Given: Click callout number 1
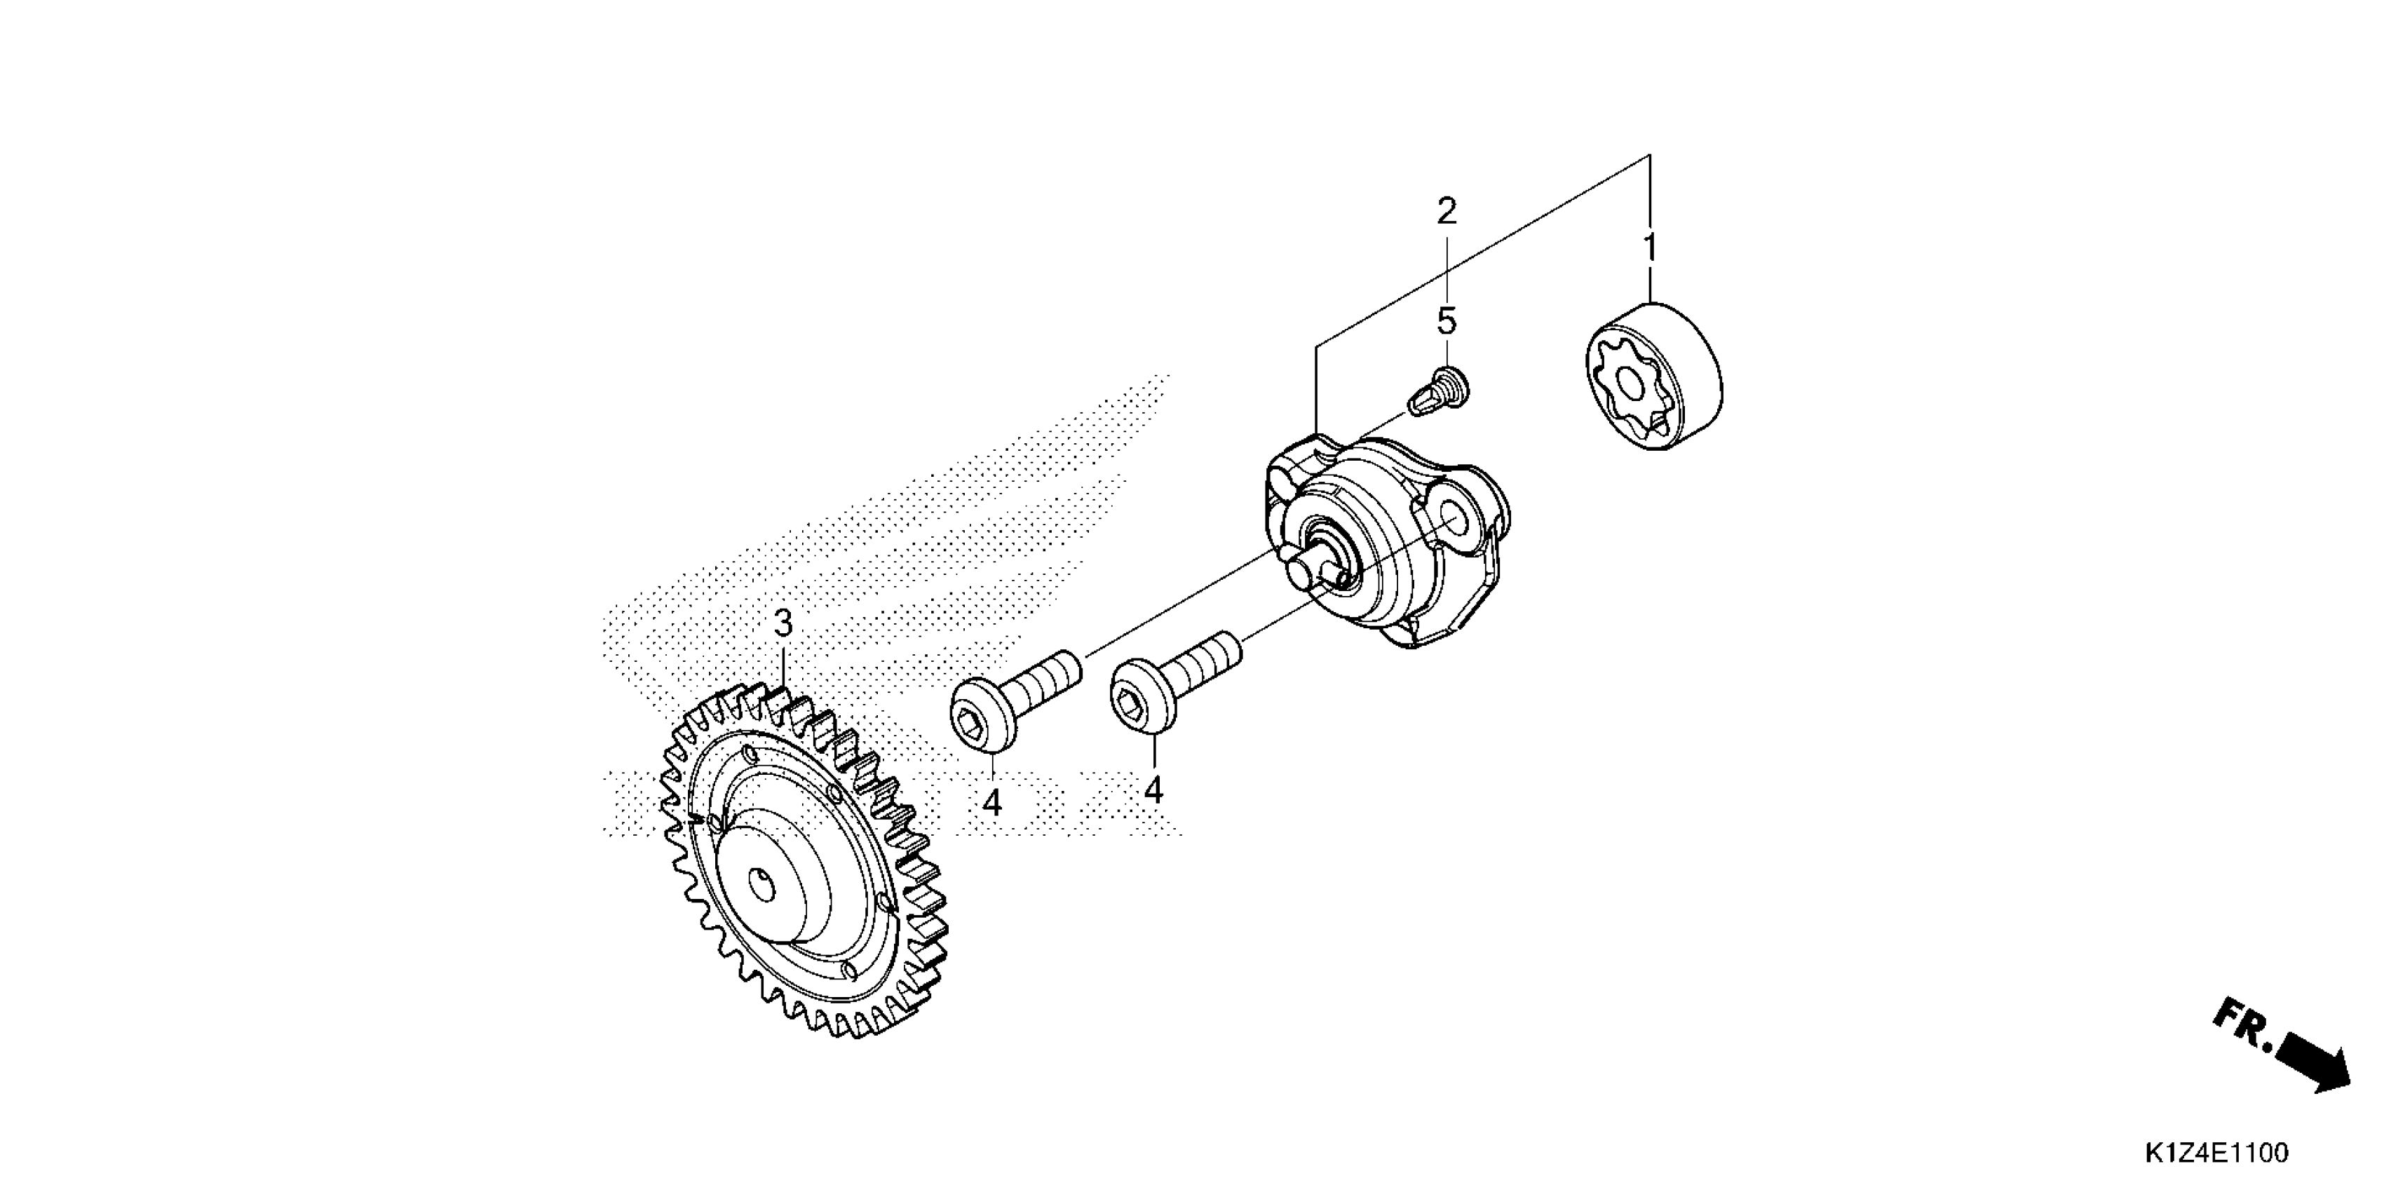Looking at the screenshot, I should [x=1649, y=248].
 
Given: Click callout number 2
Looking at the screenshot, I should [x=1447, y=212].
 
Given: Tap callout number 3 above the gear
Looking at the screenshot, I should [x=783, y=624].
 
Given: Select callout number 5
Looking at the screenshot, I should [x=1447, y=322].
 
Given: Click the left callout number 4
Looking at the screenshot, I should [x=992, y=802].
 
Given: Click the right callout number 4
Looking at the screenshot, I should [x=1153, y=790].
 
